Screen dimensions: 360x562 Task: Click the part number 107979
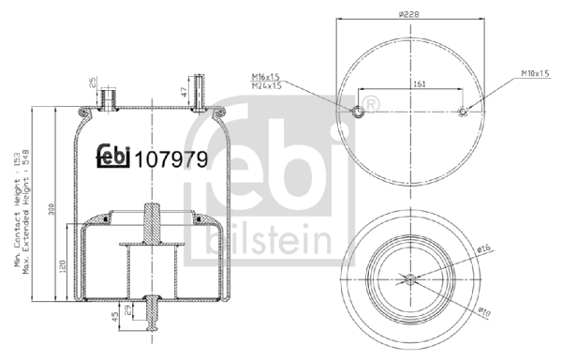(x=171, y=160)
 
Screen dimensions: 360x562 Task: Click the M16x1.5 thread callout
(x=265, y=76)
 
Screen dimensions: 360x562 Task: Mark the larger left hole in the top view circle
(x=358, y=112)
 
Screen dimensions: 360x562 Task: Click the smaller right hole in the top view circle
(x=464, y=112)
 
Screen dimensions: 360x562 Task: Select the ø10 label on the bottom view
(x=483, y=309)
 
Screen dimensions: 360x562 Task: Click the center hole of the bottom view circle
(x=410, y=277)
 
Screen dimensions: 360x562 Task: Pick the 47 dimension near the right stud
(x=183, y=92)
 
